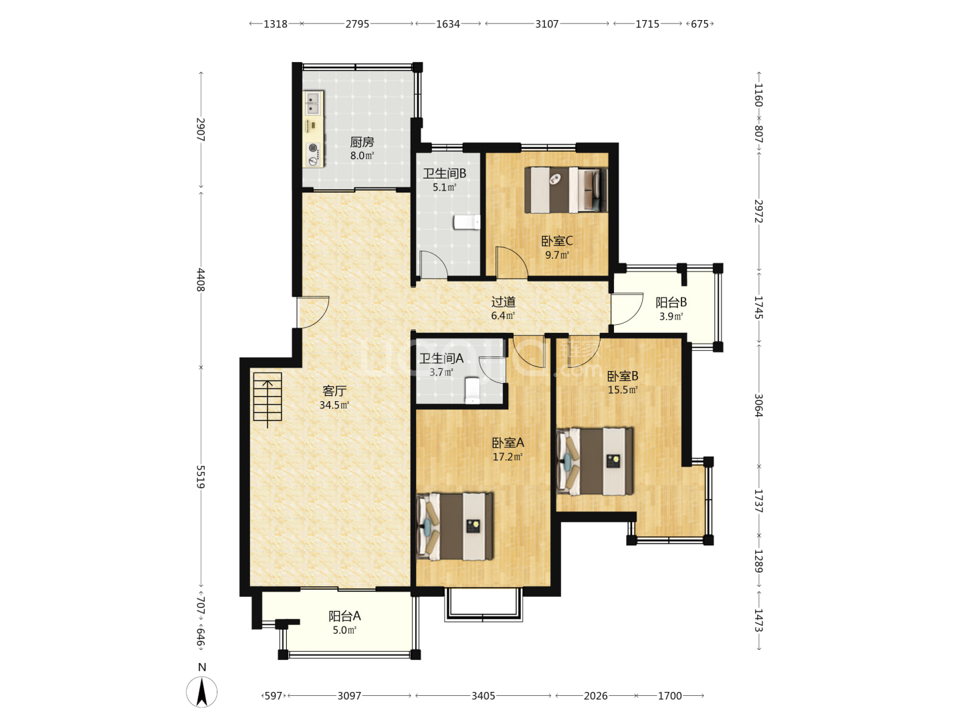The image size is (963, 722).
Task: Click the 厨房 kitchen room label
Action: click(x=362, y=142)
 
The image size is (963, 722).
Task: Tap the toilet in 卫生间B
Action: click(x=467, y=222)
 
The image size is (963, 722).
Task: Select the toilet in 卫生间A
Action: click(x=472, y=390)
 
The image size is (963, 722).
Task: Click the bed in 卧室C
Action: click(x=566, y=190)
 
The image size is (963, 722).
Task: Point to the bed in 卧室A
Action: click(x=455, y=527)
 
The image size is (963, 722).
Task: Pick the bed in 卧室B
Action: click(x=595, y=461)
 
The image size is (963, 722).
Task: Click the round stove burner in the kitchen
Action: click(x=313, y=148)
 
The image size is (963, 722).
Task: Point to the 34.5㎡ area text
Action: click(x=334, y=405)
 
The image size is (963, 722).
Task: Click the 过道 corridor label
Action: click(x=503, y=302)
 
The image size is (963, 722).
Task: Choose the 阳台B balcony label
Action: click(x=671, y=302)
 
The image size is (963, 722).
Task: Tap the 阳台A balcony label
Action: click(x=344, y=616)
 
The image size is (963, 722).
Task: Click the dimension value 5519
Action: click(x=201, y=477)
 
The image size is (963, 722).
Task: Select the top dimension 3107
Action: click(x=546, y=23)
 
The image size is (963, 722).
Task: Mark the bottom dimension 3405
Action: click(x=483, y=696)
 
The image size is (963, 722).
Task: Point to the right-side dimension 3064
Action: click(x=758, y=406)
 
